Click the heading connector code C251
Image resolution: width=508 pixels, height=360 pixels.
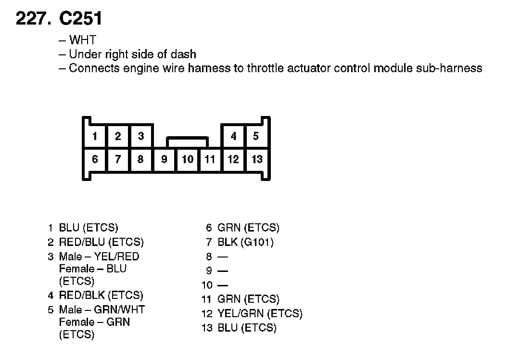click(x=80, y=19)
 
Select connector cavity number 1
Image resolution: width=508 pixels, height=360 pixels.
click(x=95, y=136)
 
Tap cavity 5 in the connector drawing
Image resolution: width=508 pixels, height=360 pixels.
click(x=256, y=136)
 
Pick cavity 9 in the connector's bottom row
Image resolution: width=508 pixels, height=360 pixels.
click(x=164, y=159)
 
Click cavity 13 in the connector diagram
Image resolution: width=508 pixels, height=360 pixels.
click(x=257, y=159)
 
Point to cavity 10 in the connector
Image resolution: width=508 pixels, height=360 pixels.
click(x=187, y=159)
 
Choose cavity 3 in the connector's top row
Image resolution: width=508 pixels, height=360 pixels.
click(x=141, y=136)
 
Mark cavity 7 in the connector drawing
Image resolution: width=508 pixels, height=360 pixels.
click(x=118, y=159)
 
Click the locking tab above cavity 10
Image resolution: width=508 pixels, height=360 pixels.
click(x=187, y=141)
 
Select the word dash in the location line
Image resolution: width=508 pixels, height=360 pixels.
click(x=184, y=54)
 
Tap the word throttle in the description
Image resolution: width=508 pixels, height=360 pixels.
click(x=266, y=68)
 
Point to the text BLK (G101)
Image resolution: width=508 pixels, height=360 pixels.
click(x=245, y=242)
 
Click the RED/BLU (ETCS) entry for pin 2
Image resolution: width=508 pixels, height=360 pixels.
click(x=101, y=242)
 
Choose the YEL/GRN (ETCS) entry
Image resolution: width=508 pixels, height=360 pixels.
click(x=260, y=314)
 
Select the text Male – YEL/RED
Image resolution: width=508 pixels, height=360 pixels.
click(x=99, y=257)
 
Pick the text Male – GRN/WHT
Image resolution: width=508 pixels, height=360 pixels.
click(x=102, y=309)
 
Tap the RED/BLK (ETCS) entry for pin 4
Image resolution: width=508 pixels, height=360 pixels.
click(x=101, y=295)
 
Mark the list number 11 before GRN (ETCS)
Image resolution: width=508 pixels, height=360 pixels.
click(x=207, y=299)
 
